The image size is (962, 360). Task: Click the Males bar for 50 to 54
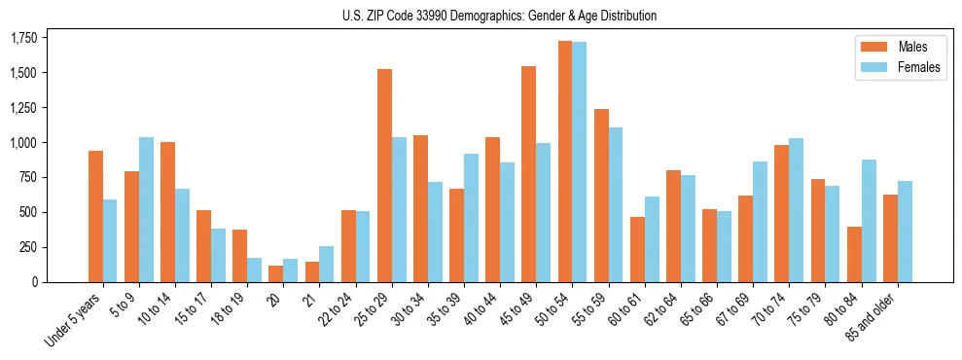pyautogui.click(x=565, y=162)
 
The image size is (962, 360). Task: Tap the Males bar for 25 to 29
pyautogui.click(x=384, y=175)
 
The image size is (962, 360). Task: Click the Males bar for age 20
pyautogui.click(x=276, y=273)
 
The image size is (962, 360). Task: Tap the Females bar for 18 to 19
pyautogui.click(x=254, y=270)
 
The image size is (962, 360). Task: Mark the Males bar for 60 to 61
pyautogui.click(x=637, y=249)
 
